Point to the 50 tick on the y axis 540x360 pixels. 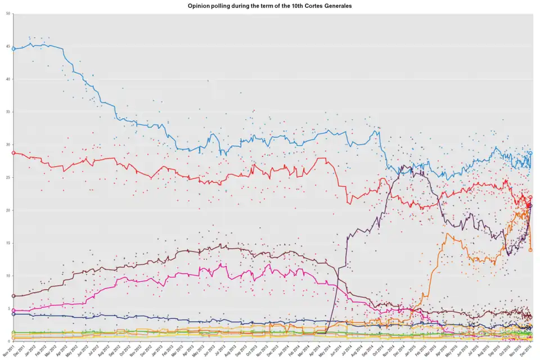pyautogui.click(x=8, y=13)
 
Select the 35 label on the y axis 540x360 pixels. pyautogui.click(x=8, y=112)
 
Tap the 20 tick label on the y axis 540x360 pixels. pyautogui.click(x=8, y=210)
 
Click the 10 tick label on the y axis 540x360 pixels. pyautogui.click(x=8, y=276)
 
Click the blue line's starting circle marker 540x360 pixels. pyautogui.click(x=13, y=49)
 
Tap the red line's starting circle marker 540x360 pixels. pyautogui.click(x=13, y=153)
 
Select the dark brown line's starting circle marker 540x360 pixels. pyautogui.click(x=13, y=296)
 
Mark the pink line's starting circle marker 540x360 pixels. pyautogui.click(x=13, y=310)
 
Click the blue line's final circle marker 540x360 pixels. pyautogui.click(x=530, y=153)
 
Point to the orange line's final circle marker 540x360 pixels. pyautogui.click(x=530, y=250)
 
